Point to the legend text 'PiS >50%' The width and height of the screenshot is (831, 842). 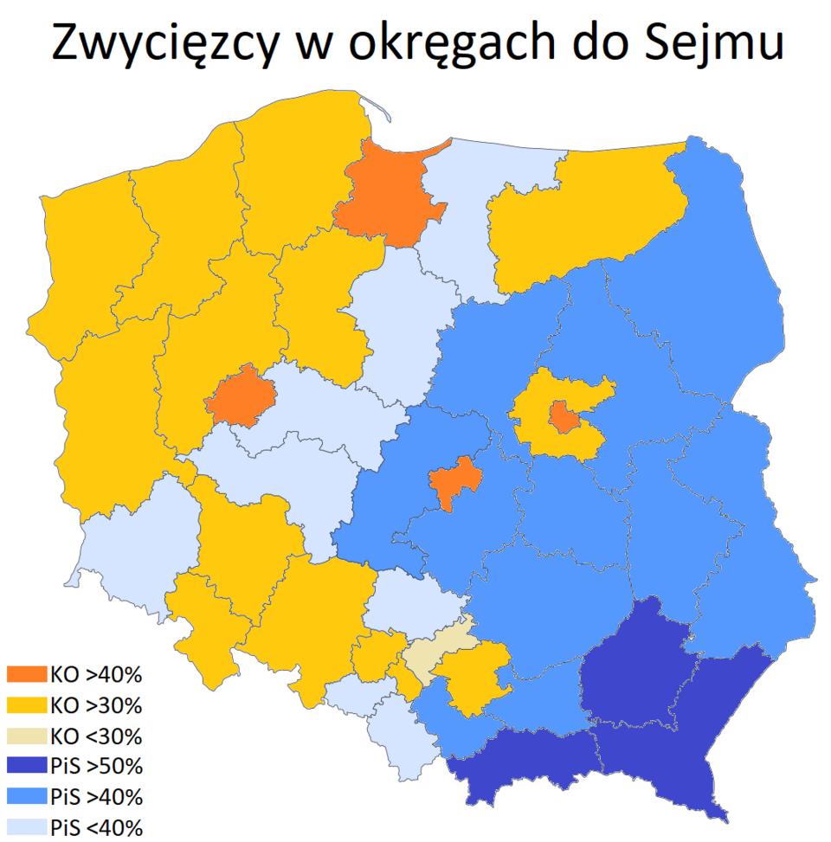(96, 765)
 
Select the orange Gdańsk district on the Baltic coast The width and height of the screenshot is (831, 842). (390, 195)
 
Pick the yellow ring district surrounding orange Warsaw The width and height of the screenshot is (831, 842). (535, 433)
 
